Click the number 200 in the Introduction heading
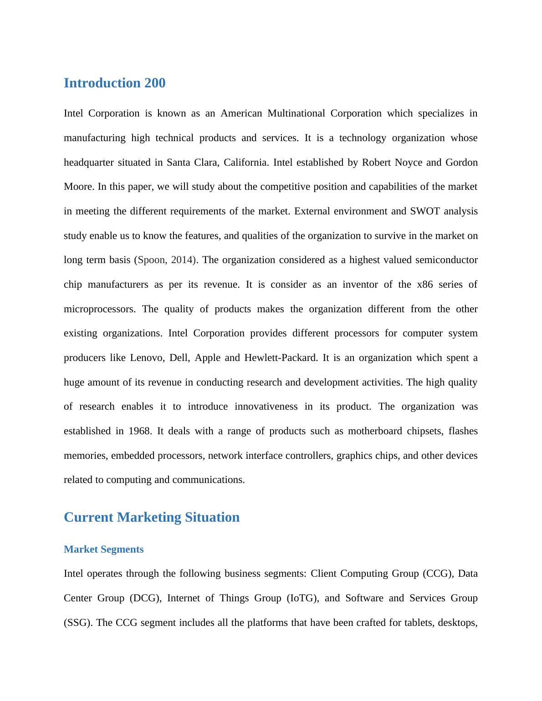155,83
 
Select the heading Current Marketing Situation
152,518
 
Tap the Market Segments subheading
104,549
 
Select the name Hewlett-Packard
281,358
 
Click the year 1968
139,431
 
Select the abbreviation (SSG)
78,623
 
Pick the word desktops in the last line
457,623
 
